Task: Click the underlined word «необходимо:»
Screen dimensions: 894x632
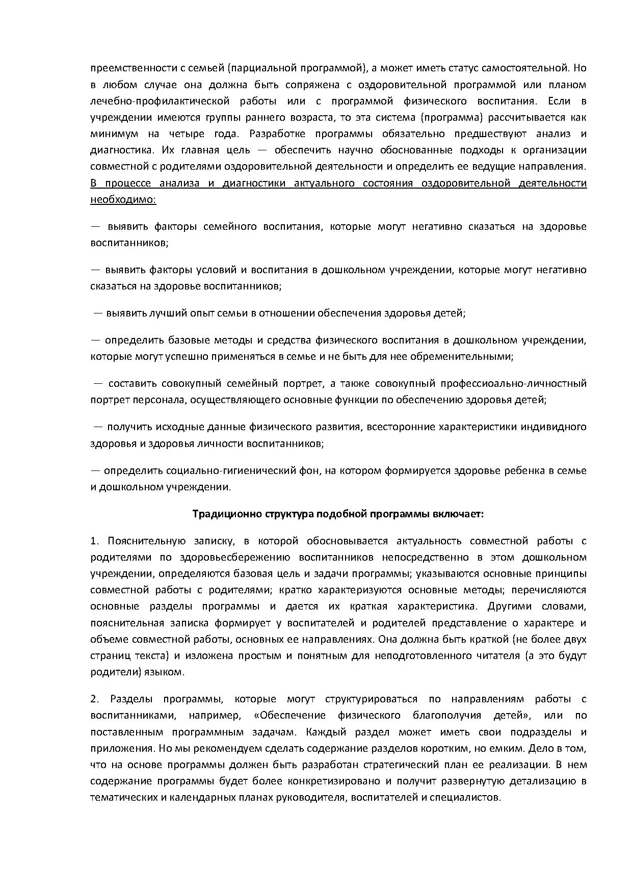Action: (x=123, y=199)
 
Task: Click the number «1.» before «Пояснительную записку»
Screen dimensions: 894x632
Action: (x=95, y=541)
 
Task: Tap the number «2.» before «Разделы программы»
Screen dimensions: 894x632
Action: (x=95, y=699)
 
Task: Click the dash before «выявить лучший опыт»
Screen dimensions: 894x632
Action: (x=98, y=313)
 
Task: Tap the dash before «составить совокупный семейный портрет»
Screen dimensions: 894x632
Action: (x=98, y=383)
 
